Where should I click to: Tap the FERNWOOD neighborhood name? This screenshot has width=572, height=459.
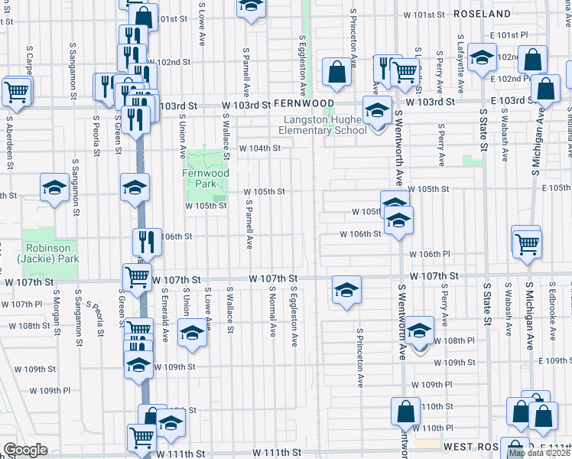304,103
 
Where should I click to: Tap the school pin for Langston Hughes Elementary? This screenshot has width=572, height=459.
376,112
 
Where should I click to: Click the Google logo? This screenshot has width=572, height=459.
25,450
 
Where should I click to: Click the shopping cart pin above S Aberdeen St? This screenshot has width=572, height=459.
16,91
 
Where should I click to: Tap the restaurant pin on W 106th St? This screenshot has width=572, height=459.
146,242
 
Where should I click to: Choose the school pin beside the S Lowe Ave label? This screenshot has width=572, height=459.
192,334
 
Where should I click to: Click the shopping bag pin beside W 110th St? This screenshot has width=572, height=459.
405,412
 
